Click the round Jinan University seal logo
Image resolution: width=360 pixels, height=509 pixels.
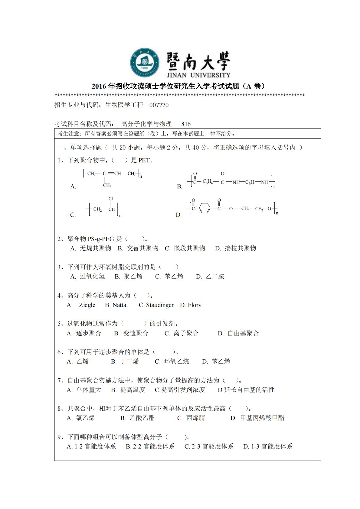145,62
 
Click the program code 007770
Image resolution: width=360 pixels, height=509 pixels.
159,105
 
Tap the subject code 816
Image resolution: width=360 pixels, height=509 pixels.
186,124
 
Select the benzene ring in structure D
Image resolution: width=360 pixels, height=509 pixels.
205,209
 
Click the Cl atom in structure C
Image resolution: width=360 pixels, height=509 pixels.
111,199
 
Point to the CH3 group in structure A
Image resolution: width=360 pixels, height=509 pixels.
107,186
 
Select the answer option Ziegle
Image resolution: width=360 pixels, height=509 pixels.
87,305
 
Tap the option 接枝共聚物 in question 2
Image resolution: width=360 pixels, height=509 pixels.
240,248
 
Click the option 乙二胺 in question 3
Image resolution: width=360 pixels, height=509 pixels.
215,276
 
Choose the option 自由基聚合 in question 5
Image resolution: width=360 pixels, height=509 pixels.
243,333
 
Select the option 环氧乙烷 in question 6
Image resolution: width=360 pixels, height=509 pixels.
176,361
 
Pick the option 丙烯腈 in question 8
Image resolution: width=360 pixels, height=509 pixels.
195,418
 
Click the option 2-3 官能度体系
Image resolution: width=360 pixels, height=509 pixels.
212,446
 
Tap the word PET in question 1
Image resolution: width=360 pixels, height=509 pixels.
144,160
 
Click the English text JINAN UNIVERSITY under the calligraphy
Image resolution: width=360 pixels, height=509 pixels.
198,75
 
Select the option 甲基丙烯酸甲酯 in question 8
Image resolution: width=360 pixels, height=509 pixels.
262,418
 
